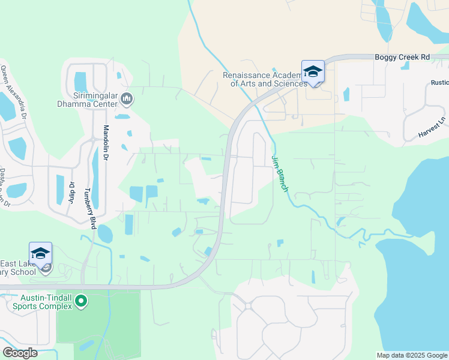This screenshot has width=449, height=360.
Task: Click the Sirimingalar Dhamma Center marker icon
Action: pos(127,98)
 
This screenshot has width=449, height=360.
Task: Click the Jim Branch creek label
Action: pos(280,174)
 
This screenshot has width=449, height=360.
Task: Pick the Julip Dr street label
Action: pos(71,192)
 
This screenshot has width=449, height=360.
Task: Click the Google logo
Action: pos(20,353)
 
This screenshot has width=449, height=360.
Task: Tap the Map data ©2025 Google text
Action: pos(412,355)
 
